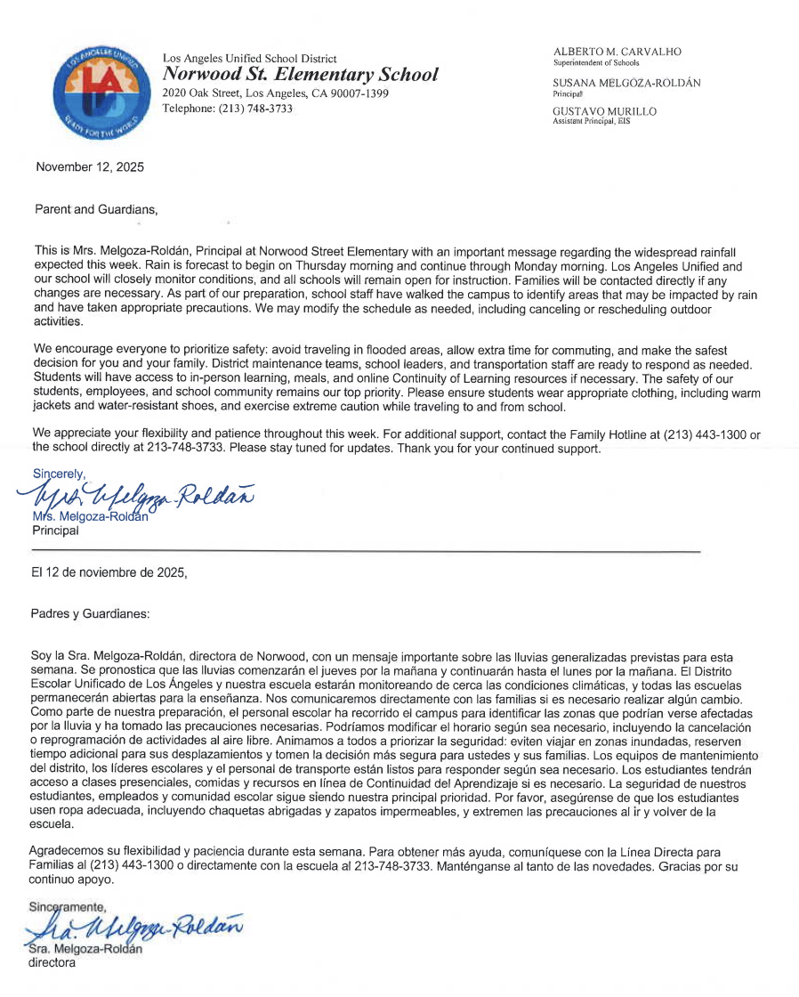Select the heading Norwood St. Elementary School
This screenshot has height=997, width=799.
(300, 75)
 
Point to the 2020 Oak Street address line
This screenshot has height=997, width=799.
(275, 93)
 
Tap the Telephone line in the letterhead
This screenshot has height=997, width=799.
(227, 109)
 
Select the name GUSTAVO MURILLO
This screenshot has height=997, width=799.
(605, 111)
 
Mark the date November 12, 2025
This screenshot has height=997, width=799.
(89, 166)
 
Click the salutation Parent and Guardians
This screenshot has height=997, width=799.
(95, 210)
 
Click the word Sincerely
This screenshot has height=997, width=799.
(59, 474)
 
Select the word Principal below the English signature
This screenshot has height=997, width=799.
(55, 531)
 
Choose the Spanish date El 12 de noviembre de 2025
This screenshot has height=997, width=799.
(109, 573)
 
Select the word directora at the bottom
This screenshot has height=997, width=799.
(52, 962)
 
